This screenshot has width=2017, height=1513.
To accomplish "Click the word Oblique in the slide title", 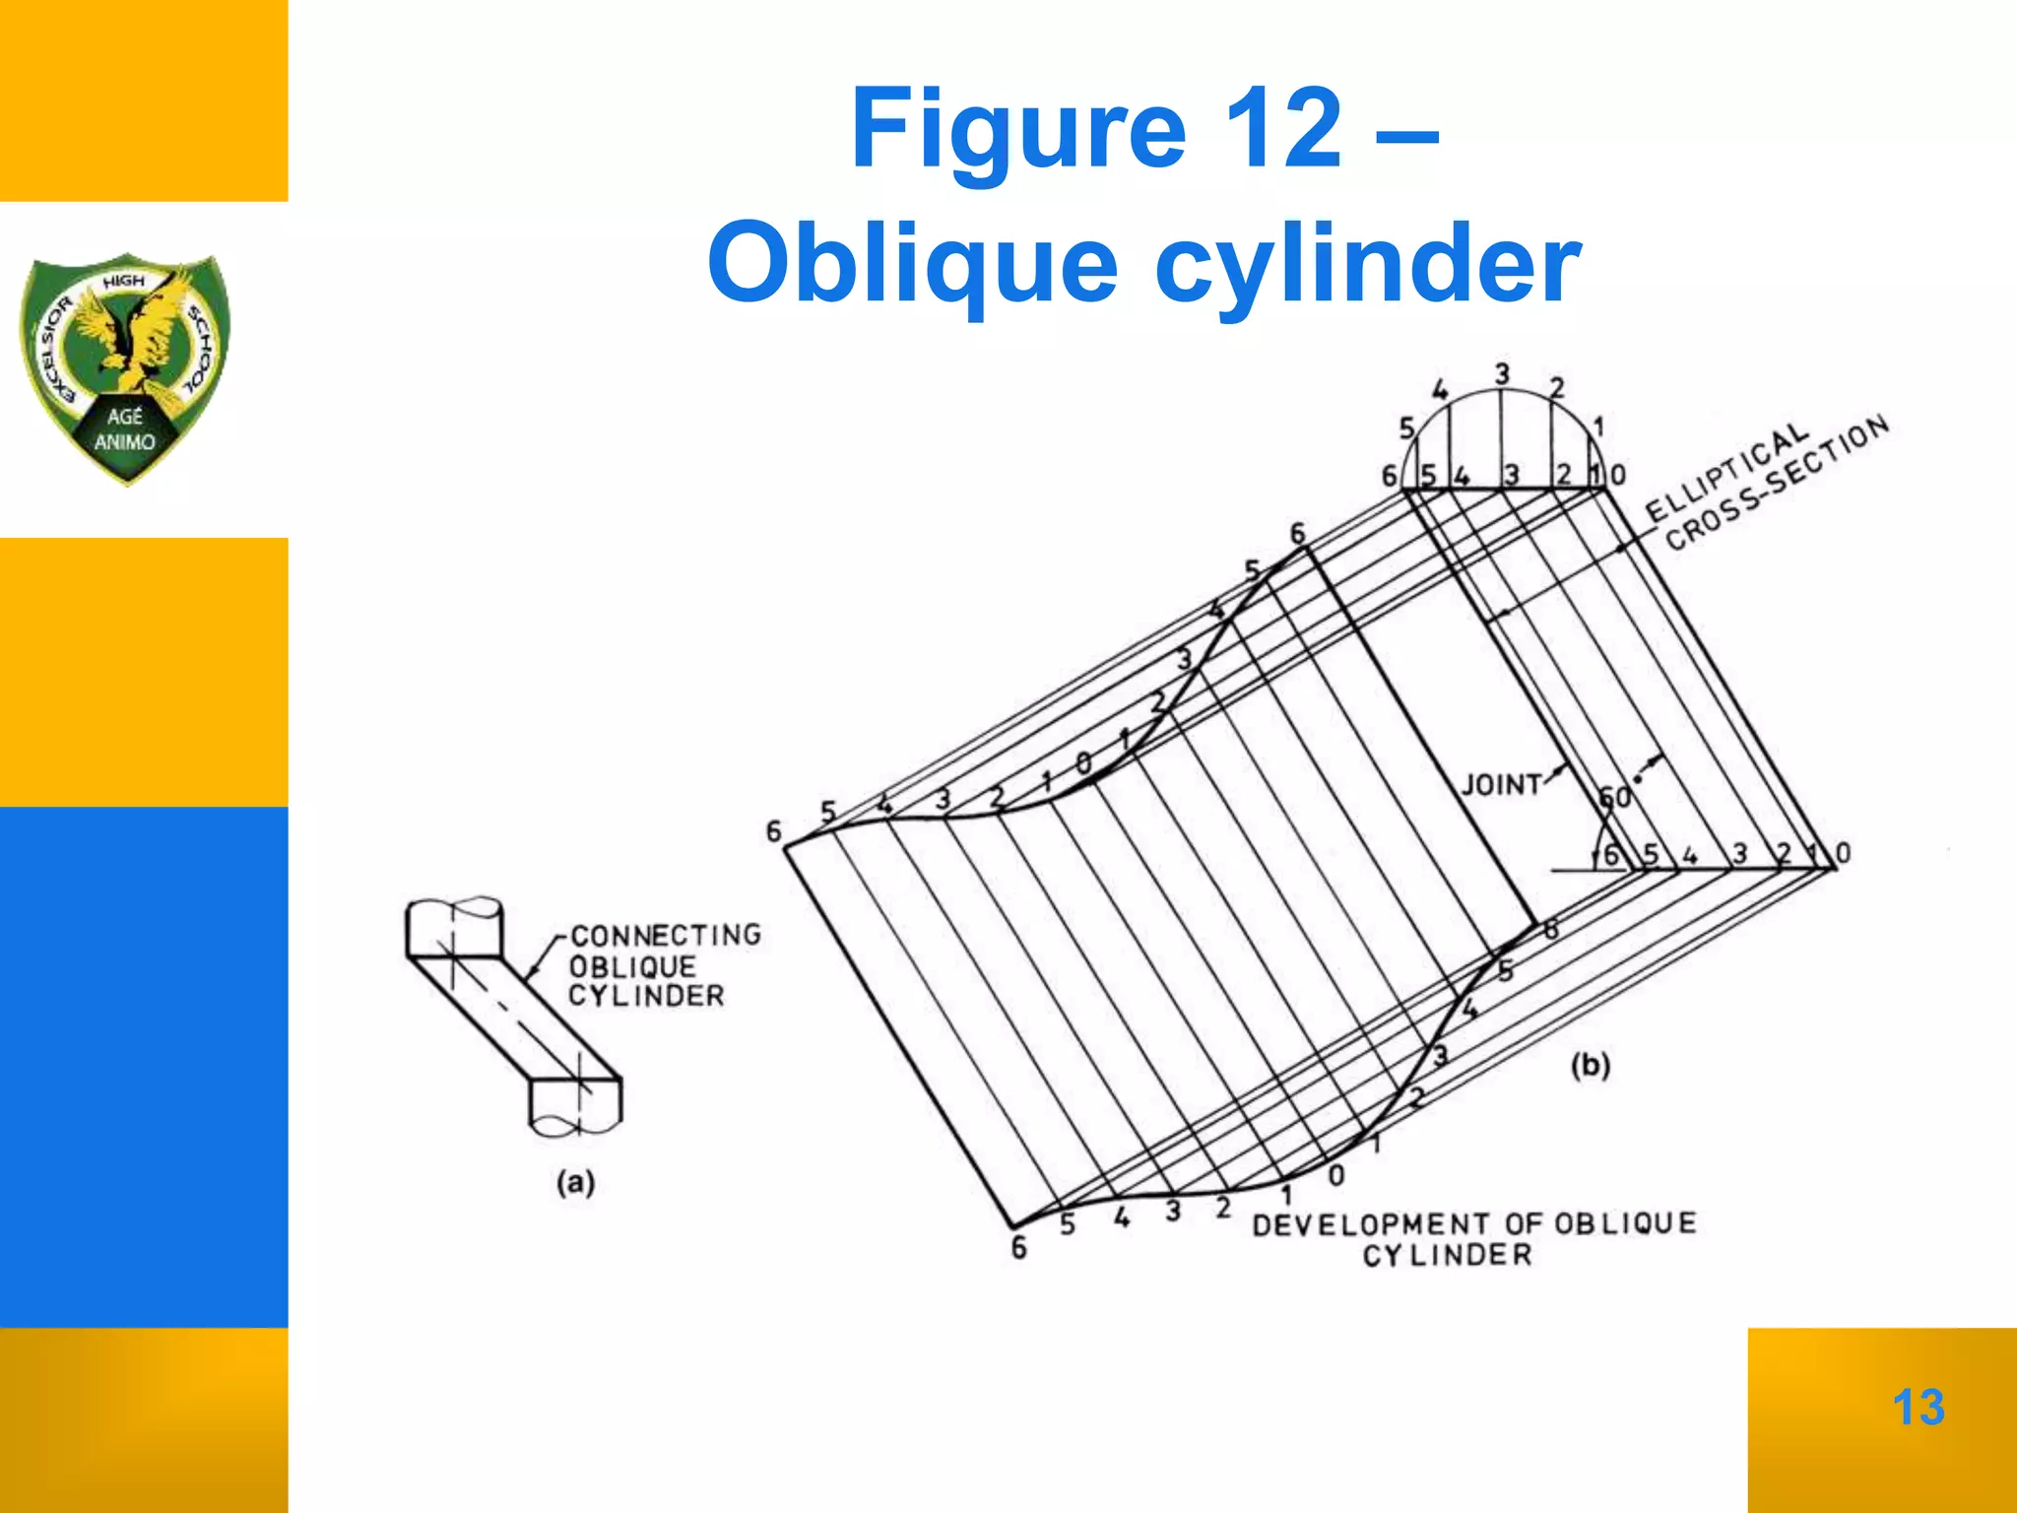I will pos(912,264).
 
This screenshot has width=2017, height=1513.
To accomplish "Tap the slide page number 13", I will pos(1918,1407).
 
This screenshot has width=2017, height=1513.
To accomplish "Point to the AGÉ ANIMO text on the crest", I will pos(125,429).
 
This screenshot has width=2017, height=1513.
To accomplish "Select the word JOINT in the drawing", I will pos(1501,785).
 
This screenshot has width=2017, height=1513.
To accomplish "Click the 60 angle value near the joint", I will pos(1615,796).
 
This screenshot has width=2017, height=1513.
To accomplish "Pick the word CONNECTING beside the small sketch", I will pos(666,935).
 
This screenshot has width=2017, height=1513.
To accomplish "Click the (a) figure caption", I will pos(576,1182).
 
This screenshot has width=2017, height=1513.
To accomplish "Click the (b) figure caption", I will pos(1590,1065).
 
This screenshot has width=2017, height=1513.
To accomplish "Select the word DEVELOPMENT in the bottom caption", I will pos(1371,1224).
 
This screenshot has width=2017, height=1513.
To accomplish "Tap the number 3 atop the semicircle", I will pos(1502,375).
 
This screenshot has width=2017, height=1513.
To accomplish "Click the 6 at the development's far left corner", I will pos(774,832).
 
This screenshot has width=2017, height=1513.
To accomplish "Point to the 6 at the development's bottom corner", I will pos(1019,1248).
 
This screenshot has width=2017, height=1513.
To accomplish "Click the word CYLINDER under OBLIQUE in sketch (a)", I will pos(646,996).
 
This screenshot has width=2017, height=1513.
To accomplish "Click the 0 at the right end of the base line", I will pos(1844,853).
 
